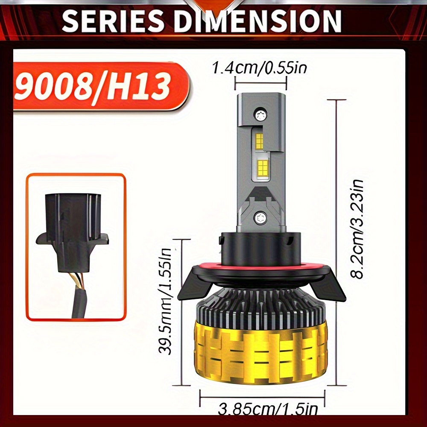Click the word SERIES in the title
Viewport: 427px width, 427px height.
point(112,21)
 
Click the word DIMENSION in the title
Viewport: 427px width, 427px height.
point(257,21)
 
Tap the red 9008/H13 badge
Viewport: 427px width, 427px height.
point(101,86)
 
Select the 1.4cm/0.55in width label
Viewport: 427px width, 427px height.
point(259,67)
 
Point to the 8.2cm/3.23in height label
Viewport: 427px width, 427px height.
point(357,229)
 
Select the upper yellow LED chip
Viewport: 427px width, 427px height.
point(259,142)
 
